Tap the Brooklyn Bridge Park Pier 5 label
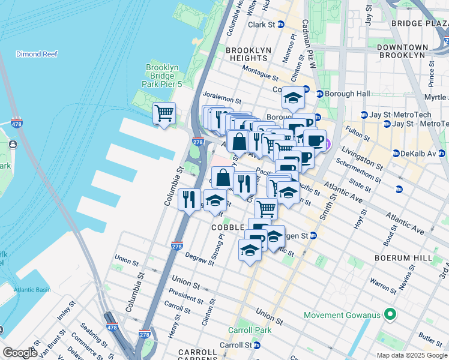[x=165, y=76]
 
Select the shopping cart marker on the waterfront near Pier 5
[x=164, y=113]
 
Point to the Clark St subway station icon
[x=281, y=25]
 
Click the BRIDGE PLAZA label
[x=420, y=23]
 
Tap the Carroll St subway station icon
[x=257, y=346]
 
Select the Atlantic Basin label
[x=25, y=290]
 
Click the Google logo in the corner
[x=19, y=352]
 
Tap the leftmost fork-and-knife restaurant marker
[x=189, y=199]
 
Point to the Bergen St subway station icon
[x=313, y=236]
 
